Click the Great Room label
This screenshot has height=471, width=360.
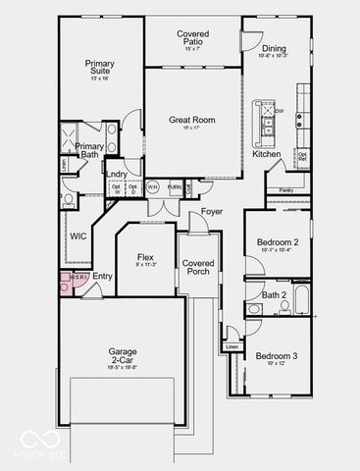(x=191, y=121)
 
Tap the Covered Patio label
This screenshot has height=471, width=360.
(x=192, y=38)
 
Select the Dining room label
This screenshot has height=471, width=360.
(x=275, y=48)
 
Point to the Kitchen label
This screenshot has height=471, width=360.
(x=267, y=154)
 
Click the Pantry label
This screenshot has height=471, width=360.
(x=286, y=190)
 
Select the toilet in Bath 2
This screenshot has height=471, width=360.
(x=254, y=309)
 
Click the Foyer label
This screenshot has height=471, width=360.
(x=212, y=211)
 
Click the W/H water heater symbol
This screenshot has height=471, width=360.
(x=153, y=186)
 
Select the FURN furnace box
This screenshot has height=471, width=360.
(x=175, y=186)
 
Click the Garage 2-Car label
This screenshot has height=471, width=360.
(x=123, y=355)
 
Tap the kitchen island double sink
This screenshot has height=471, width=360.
(x=266, y=123)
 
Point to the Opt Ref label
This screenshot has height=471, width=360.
(x=302, y=156)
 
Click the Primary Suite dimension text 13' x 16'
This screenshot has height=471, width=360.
(x=100, y=78)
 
